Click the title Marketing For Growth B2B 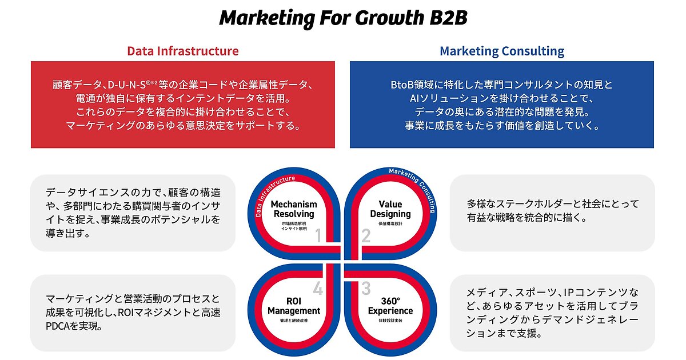[343, 18]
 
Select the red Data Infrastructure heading [183, 51]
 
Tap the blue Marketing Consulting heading [502, 51]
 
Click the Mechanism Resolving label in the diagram [294, 209]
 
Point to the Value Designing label [390, 209]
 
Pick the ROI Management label [294, 306]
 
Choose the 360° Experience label [390, 306]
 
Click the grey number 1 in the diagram [318, 235]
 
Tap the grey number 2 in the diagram [366, 235]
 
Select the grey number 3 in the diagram [366, 288]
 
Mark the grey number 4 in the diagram [318, 288]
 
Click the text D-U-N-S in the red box [126, 85]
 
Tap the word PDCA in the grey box [58, 326]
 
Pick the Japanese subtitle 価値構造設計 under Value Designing [390, 224]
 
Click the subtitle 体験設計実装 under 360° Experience [390, 321]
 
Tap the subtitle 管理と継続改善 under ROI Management [294, 321]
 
